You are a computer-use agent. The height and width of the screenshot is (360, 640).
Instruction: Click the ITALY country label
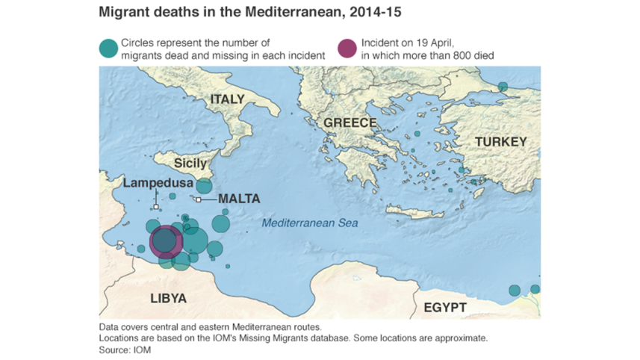pos(227,100)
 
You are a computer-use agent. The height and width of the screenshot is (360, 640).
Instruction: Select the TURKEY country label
pos(500,142)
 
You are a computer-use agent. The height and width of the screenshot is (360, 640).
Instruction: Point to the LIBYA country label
pos(169,299)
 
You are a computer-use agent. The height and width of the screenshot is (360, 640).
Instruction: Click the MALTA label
pos(239,199)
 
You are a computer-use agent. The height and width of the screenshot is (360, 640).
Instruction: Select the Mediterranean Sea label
pos(309,223)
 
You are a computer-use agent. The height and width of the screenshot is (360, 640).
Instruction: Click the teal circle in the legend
pos(108,49)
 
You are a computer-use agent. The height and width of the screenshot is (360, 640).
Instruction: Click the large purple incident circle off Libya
pos(166,243)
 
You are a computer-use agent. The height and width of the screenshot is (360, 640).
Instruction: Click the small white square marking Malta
pos(199,199)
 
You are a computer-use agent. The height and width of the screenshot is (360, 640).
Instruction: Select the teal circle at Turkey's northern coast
pos(503,87)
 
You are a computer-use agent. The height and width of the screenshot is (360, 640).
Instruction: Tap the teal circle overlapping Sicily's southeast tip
pos(204,186)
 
